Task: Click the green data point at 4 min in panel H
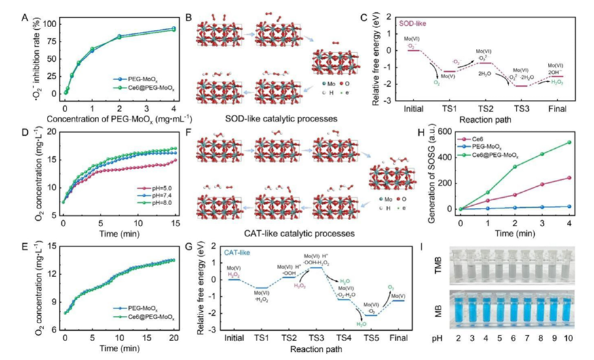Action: pyautogui.click(x=568, y=143)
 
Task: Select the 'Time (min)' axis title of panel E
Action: pyautogui.click(x=119, y=348)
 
